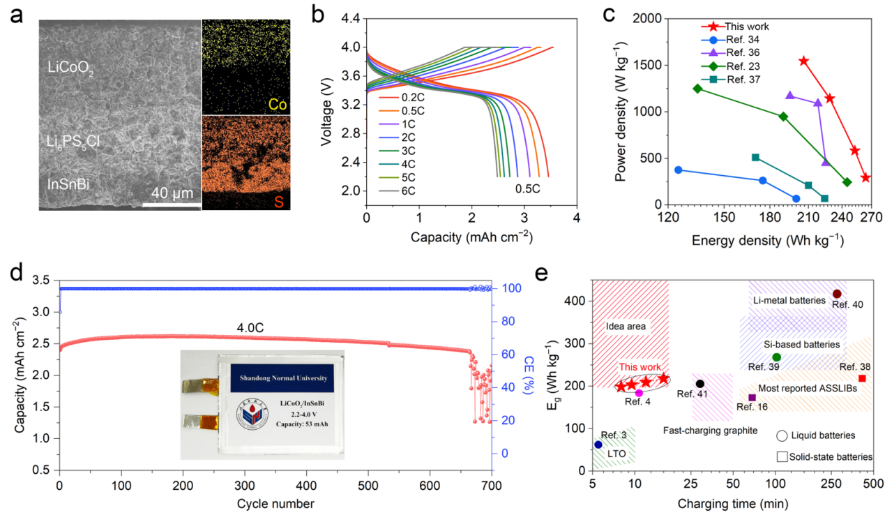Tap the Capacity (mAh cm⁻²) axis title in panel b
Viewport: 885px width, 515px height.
[471, 237]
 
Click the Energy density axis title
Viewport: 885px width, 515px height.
[768, 241]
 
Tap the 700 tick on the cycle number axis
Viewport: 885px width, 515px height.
[491, 484]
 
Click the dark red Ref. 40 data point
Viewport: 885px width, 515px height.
[837, 294]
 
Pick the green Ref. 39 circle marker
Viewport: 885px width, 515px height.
[777, 357]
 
